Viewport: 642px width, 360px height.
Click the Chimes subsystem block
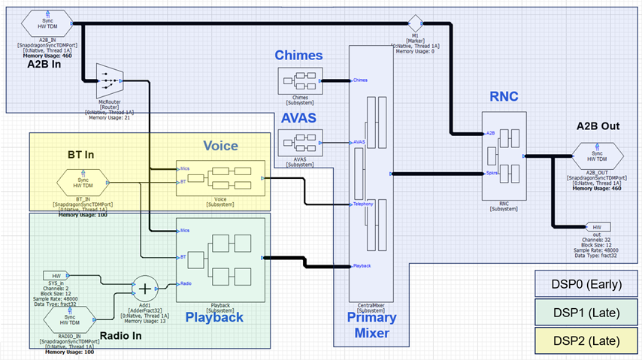click(x=299, y=80)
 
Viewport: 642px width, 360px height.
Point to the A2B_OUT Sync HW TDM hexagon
click(x=596, y=157)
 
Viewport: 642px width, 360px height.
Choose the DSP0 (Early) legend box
click(x=585, y=283)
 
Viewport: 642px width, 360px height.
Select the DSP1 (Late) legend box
click(x=585, y=311)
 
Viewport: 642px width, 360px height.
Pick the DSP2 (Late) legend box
click(x=585, y=340)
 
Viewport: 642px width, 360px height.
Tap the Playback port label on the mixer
click(x=363, y=266)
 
